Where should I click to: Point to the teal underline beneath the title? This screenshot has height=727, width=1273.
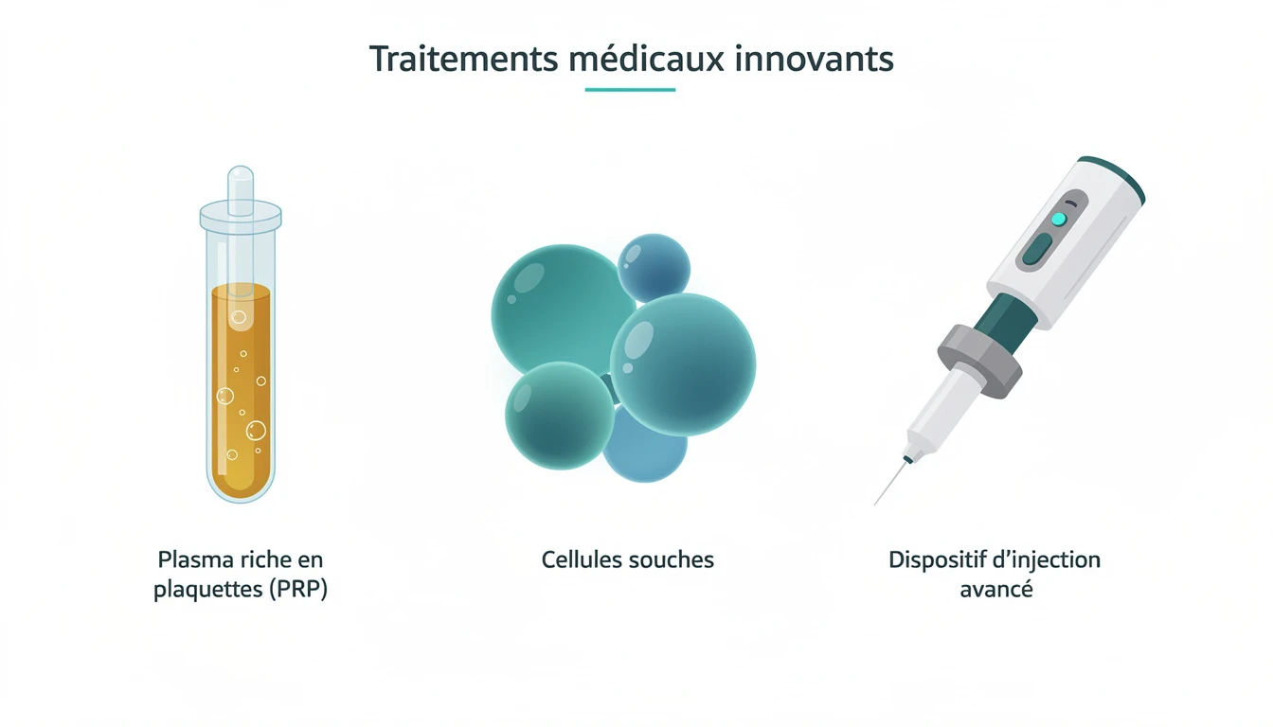pos(630,90)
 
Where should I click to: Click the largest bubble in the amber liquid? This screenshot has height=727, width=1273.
pos(256,432)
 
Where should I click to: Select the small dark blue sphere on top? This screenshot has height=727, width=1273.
pos(654,268)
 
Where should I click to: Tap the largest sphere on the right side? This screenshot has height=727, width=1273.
pos(683,364)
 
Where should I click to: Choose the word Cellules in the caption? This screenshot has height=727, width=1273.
pos(579,559)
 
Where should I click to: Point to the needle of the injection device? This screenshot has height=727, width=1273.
pos(890,482)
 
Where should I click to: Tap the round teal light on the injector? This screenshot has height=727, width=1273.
pos(1059,220)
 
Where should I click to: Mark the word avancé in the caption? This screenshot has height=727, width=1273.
pos(995,590)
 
